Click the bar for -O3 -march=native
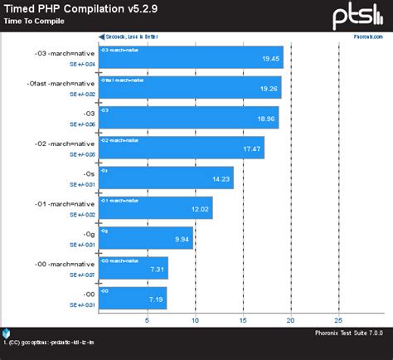tap(191, 57)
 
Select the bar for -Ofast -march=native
tap(190, 87)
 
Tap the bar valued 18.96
tap(188, 117)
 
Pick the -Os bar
tap(166, 178)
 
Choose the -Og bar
tap(146, 238)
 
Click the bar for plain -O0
tap(133, 298)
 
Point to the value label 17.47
tap(251, 149)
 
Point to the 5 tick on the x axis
tap(148, 319)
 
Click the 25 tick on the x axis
tap(338, 319)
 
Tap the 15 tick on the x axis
tap(243, 319)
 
